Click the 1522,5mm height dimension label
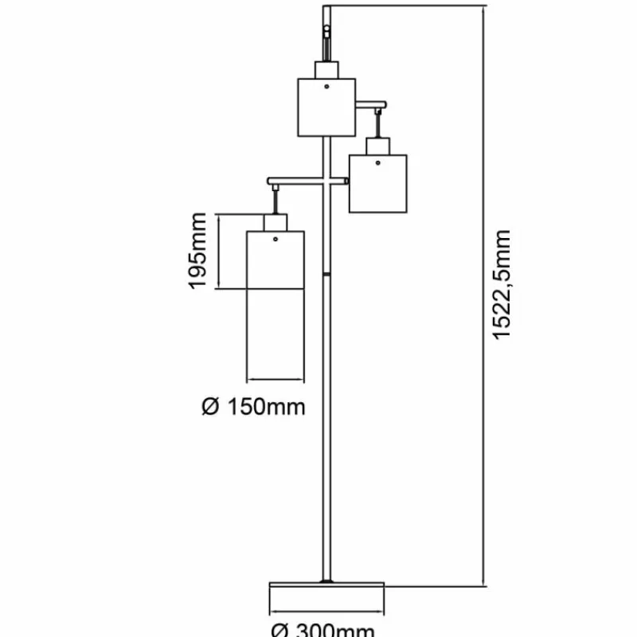point(501,284)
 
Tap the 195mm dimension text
point(198,250)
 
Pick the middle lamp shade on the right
point(377,183)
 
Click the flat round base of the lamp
point(326,595)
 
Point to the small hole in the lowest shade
point(276,238)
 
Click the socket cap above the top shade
point(326,69)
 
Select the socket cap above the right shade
point(377,146)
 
